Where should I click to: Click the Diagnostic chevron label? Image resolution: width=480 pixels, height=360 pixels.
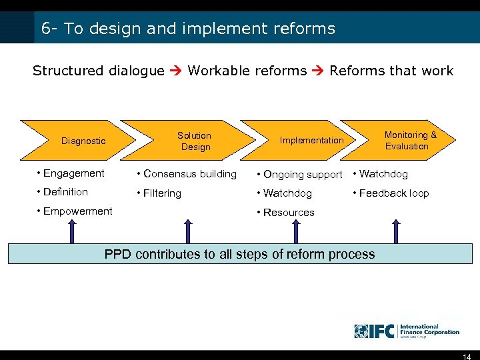(83, 141)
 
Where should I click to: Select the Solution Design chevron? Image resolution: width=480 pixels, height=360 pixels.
(194, 141)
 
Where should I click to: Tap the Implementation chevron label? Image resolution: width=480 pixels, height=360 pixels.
(311, 140)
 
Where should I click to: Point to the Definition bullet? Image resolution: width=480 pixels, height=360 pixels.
(65, 192)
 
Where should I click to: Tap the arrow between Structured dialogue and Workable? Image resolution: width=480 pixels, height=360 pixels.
(176, 71)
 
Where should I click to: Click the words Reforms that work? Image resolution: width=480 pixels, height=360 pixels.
(391, 71)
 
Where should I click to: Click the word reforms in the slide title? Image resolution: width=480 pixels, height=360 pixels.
(304, 29)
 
